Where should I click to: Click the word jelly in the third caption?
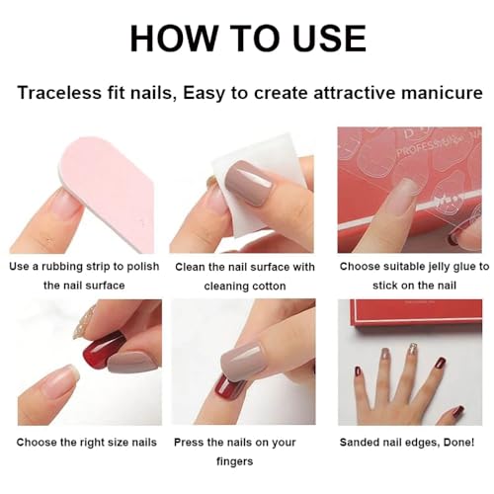429,267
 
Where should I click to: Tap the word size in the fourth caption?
121,441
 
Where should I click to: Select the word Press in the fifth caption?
190,441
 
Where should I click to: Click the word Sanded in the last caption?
359,441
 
